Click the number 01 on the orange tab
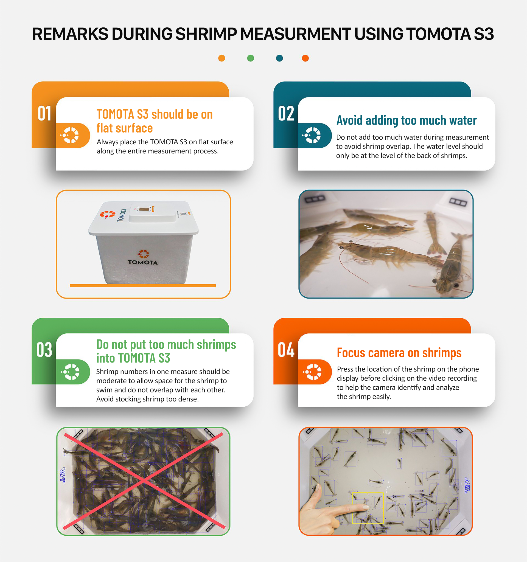44,114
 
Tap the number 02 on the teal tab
286,114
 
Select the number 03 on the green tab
44,350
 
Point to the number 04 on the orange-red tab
286,350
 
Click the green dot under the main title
251,58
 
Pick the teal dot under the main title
279,58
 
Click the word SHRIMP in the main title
206,34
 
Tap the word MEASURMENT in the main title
296,34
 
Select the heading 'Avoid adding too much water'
406,120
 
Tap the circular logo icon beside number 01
69,135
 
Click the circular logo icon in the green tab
70,372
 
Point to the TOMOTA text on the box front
143,262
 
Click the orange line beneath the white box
143,285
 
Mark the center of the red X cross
144,480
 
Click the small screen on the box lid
144,209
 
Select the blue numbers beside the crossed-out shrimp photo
63,475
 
